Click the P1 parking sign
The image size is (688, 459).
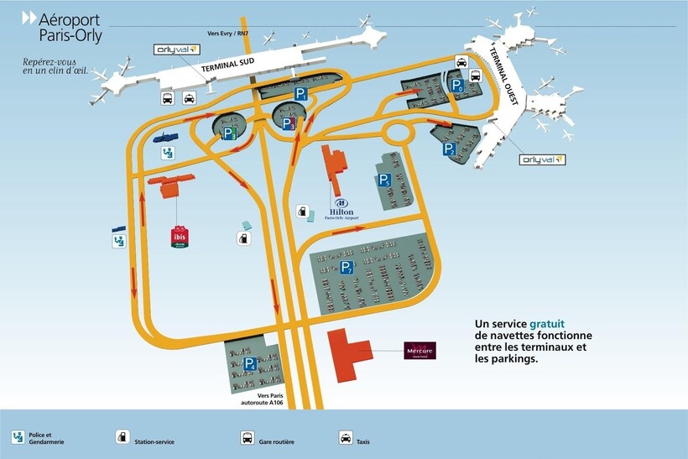pos(300,94)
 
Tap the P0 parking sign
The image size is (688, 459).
pos(458,86)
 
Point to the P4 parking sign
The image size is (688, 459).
pos(248,363)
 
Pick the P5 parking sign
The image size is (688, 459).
pos(383,180)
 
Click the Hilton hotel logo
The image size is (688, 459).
pos(341,209)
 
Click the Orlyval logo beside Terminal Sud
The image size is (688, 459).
pos(176,50)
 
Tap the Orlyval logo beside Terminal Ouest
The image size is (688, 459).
pos(543,159)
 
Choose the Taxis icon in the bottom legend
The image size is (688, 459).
pos(346,437)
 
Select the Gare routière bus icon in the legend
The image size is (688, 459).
pos(248,437)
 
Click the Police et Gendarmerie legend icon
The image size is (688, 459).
pos(18,437)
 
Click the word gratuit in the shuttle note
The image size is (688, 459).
pos(547,323)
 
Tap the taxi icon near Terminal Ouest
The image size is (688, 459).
pos(461,60)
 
